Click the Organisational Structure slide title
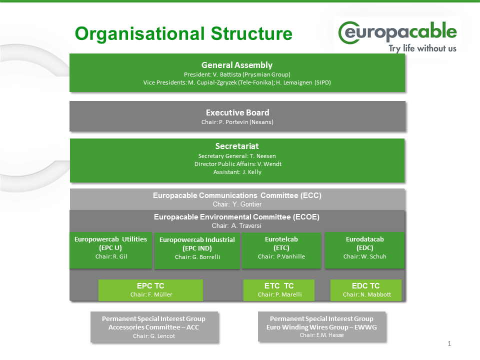tap(183, 34)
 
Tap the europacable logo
tap(397, 34)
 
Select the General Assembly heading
tap(236, 65)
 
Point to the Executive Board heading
tap(237, 112)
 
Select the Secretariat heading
tap(237, 146)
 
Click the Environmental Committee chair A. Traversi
tap(247, 225)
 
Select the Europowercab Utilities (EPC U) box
tap(110, 249)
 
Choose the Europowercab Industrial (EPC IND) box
tap(197, 249)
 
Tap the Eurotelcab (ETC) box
tap(281, 249)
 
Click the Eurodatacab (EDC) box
tap(364, 249)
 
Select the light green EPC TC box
tap(150, 290)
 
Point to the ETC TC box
tap(279, 290)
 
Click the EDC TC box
tap(366, 290)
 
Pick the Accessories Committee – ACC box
tap(154, 327)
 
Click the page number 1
tap(449, 343)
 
